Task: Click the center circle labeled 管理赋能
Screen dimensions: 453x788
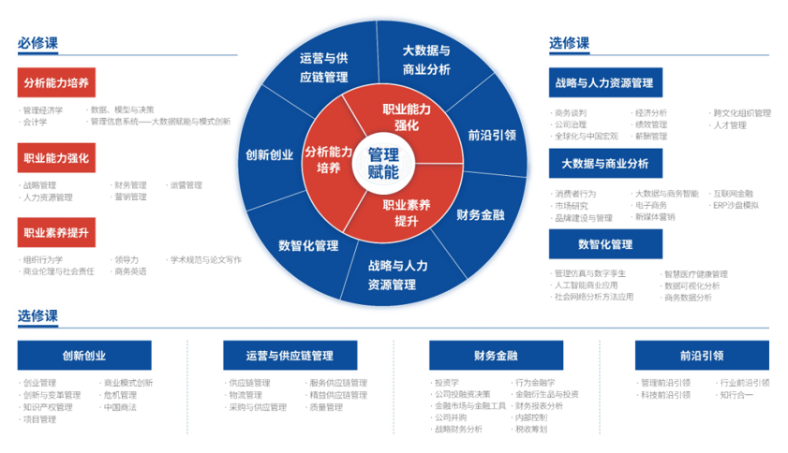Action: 382,163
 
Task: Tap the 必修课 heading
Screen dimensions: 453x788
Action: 37,43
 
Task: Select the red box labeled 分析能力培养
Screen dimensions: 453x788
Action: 56,82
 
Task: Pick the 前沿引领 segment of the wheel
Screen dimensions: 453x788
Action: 491,134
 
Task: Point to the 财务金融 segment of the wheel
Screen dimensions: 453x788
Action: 480,214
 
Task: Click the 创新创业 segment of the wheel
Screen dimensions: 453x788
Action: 270,154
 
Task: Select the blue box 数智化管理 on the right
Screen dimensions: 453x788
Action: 605,244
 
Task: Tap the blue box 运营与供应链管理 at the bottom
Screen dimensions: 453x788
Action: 290,355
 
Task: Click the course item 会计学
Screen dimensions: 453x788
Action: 36,122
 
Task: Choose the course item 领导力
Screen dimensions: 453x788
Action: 126,259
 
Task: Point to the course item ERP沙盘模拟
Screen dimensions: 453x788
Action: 736,205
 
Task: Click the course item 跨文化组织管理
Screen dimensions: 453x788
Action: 742,113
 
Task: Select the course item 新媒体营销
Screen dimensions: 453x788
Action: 655,217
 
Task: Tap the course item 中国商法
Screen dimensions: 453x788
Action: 120,407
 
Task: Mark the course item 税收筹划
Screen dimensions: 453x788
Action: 531,429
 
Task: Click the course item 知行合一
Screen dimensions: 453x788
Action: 736,395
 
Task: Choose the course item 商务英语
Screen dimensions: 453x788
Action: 130,271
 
